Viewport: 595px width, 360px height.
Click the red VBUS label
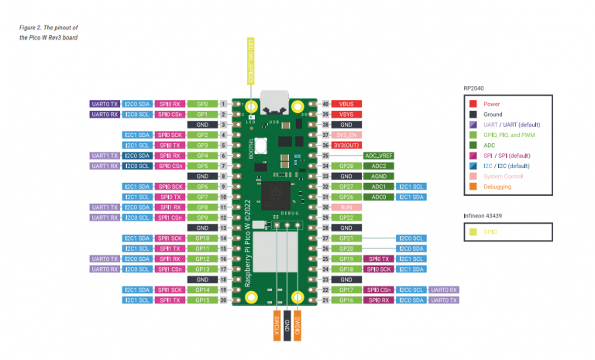(x=348, y=104)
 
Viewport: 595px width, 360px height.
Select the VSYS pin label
(x=348, y=114)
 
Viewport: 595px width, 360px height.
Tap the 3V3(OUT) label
(x=348, y=145)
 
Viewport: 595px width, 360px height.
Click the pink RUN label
(x=348, y=207)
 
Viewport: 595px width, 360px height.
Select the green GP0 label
(x=202, y=104)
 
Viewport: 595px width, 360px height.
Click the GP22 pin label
(x=348, y=218)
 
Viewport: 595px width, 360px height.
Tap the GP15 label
(x=202, y=300)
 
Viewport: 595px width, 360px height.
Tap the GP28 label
(x=348, y=166)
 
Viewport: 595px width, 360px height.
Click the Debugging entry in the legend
(x=497, y=186)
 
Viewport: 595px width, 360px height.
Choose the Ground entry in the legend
(x=494, y=114)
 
